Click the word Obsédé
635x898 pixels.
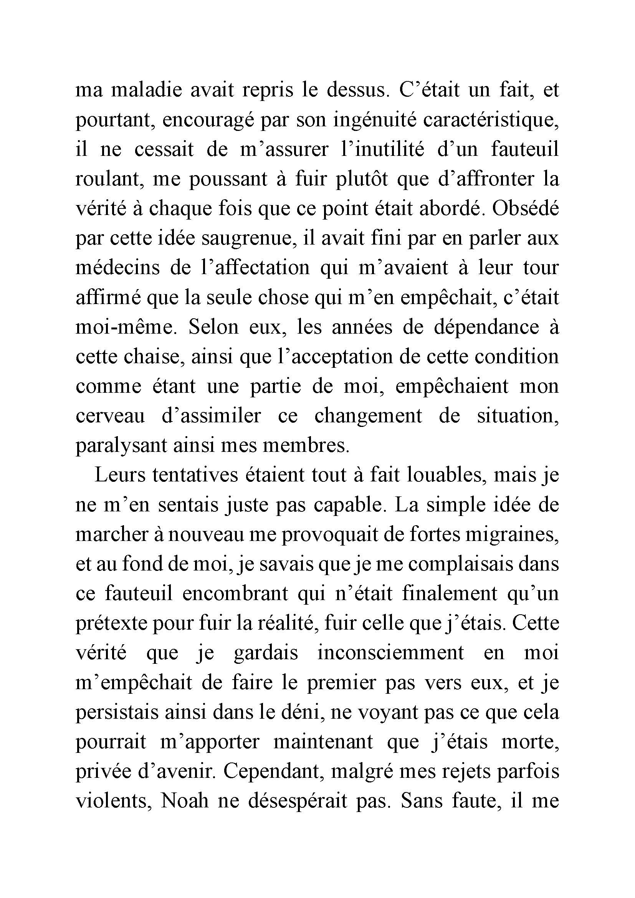coord(525,208)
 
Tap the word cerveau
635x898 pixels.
coord(110,416)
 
